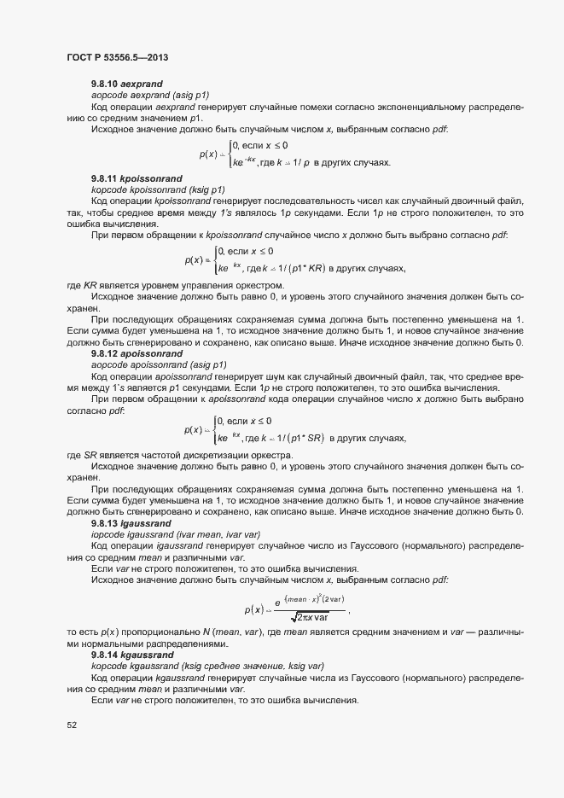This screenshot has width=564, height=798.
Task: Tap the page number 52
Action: point(72,725)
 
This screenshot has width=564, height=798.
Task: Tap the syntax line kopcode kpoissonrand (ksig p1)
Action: point(158,189)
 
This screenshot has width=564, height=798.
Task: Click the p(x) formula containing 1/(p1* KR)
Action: point(294,260)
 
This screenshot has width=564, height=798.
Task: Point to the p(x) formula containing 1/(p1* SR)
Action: point(294,430)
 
